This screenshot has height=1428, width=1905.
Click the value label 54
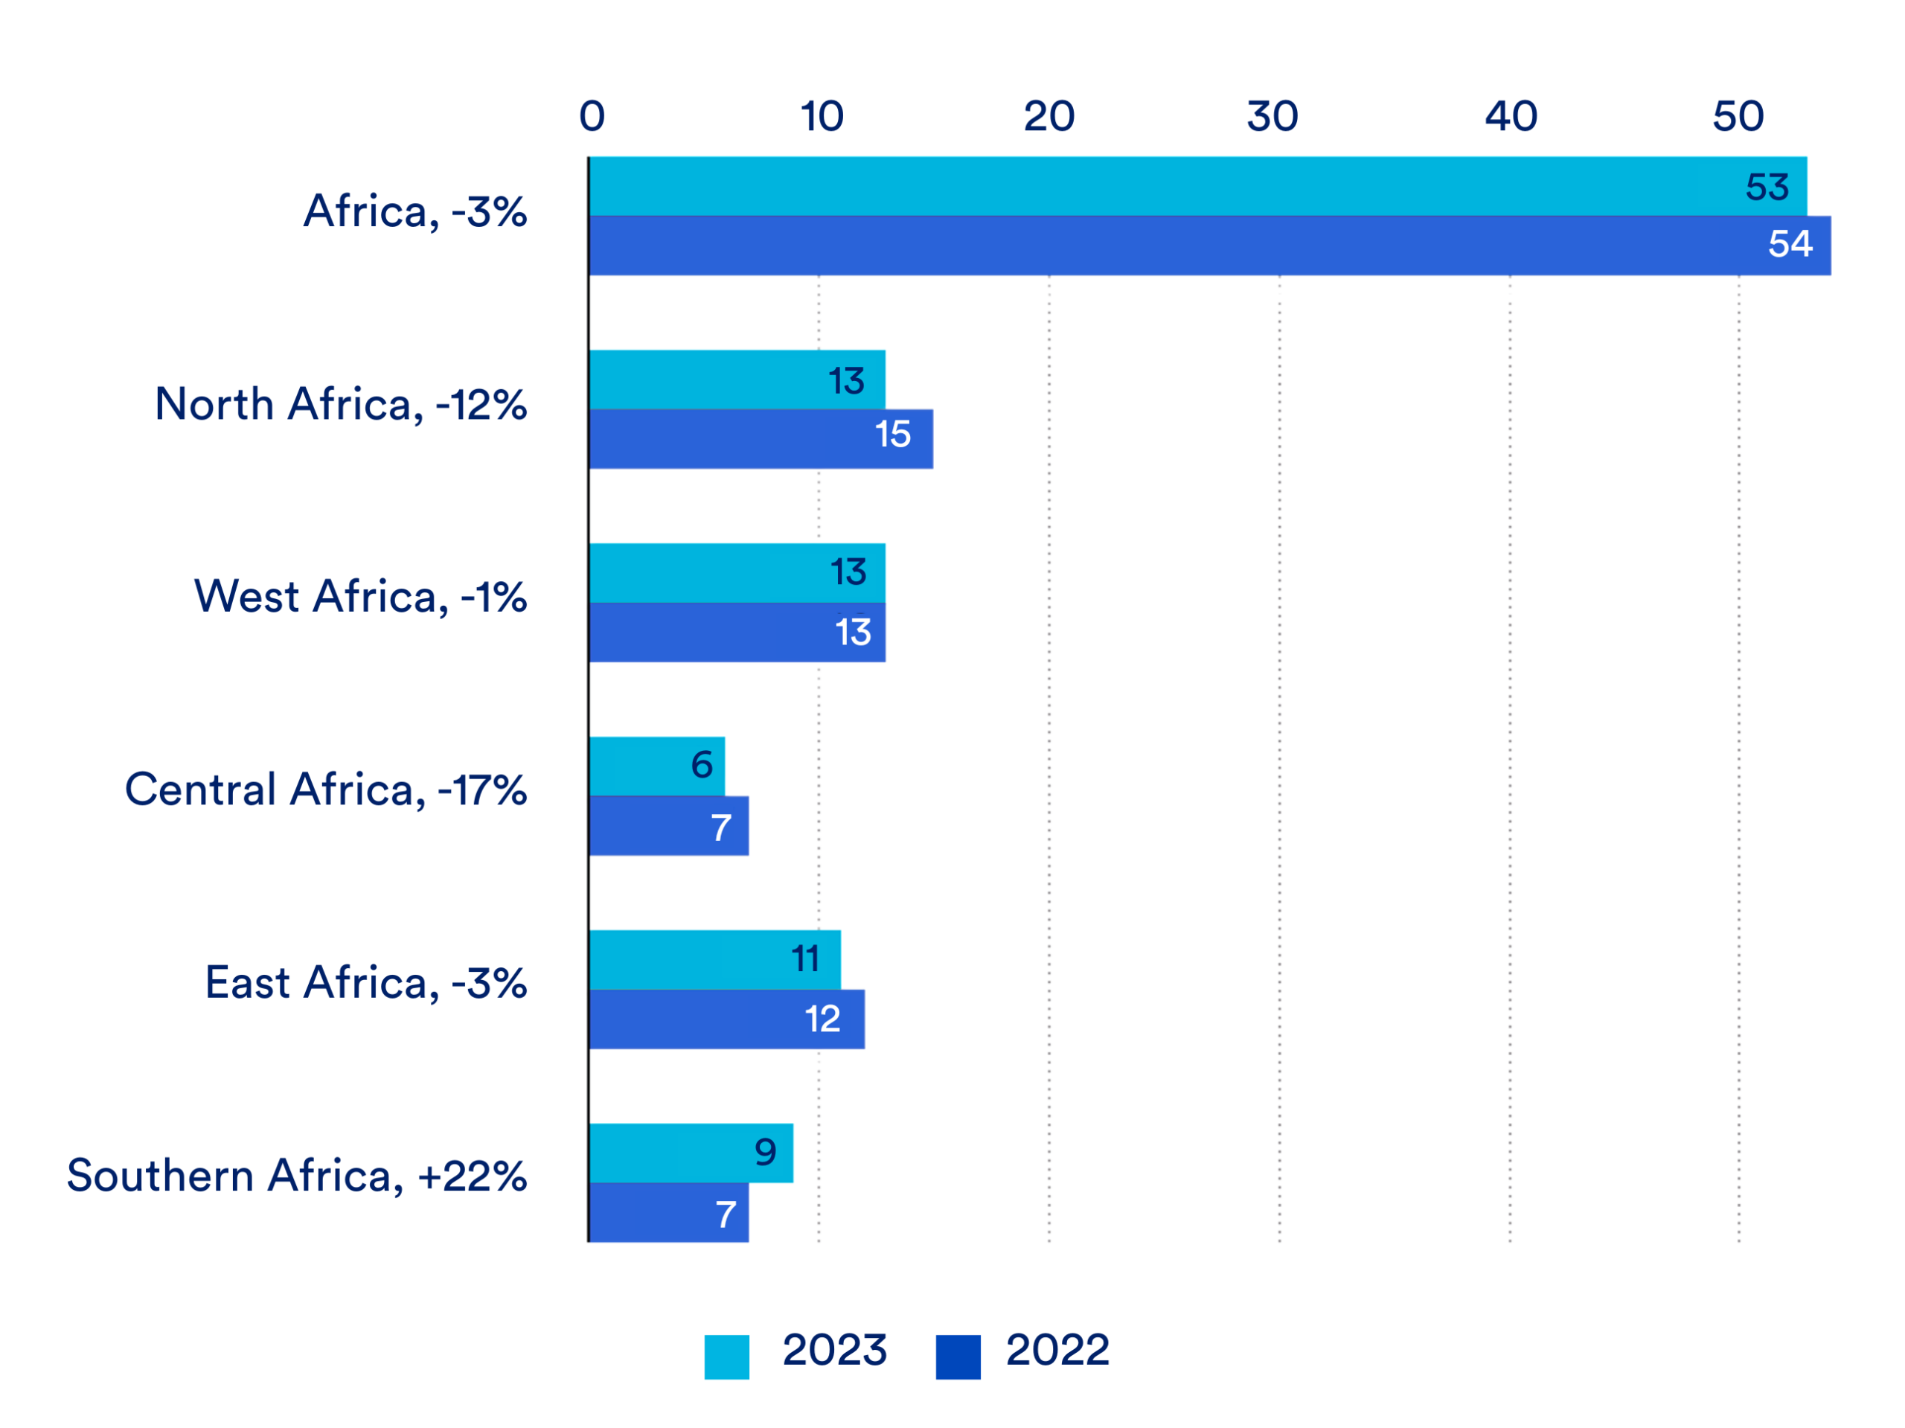(x=1790, y=244)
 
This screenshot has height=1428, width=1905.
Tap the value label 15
(x=892, y=434)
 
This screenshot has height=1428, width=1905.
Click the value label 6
(x=701, y=764)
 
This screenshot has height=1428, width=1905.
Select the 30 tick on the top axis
(x=1272, y=116)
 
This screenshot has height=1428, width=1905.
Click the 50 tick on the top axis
(x=1738, y=116)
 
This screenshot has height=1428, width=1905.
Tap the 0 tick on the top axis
(x=592, y=116)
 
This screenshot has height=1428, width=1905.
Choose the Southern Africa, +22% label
(x=297, y=1176)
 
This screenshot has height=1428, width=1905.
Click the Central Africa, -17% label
(x=325, y=789)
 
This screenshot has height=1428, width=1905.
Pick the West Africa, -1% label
(x=360, y=596)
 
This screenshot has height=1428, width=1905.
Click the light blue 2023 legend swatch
(x=726, y=1357)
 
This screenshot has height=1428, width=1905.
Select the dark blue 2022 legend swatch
(x=958, y=1357)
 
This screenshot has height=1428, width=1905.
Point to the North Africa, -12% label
(x=340, y=404)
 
